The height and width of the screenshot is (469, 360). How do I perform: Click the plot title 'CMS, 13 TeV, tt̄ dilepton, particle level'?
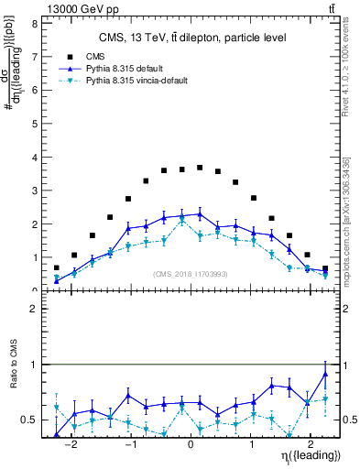(192, 38)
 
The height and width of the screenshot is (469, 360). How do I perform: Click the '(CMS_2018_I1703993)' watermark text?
(191, 274)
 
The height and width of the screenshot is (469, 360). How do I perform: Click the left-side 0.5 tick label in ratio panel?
(30, 420)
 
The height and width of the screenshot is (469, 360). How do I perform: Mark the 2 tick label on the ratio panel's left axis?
(34, 309)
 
